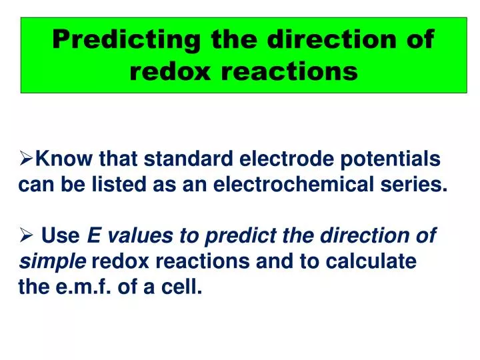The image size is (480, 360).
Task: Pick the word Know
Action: click(x=65, y=159)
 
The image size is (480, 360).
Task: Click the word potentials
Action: click(x=397, y=159)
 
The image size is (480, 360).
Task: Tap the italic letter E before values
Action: click(x=94, y=236)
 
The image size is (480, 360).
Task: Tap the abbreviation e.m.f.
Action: click(x=84, y=288)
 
